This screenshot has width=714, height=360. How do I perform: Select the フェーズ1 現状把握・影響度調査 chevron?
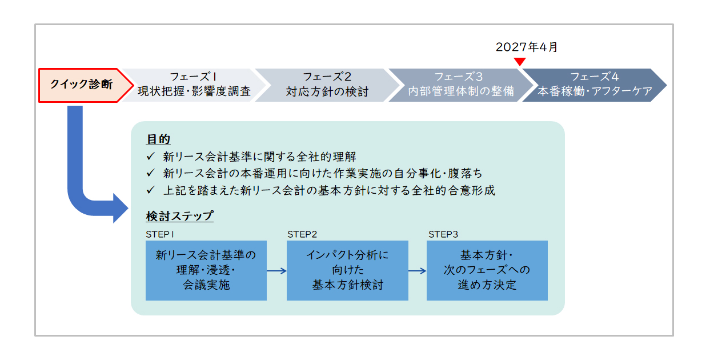tap(194, 85)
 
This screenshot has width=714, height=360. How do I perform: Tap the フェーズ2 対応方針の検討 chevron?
tap(327, 85)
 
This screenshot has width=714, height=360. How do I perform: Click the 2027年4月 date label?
tap(526, 47)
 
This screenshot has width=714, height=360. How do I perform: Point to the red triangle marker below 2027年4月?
tap(520, 62)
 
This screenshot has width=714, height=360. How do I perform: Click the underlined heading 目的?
tap(158, 139)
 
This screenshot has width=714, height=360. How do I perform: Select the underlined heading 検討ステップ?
tap(180, 216)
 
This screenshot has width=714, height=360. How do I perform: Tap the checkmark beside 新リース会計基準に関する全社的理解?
tap(150, 156)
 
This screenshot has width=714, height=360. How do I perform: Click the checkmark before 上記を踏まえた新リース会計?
tap(150, 190)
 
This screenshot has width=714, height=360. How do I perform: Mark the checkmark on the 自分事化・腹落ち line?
tap(150, 173)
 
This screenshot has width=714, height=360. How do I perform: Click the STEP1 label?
tap(160, 235)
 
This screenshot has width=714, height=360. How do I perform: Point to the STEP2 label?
tap(302, 235)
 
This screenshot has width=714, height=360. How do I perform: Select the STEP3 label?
tap(443, 235)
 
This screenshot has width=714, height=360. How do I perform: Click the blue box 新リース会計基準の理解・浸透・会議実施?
tap(206, 270)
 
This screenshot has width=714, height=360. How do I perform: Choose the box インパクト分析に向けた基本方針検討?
tap(347, 270)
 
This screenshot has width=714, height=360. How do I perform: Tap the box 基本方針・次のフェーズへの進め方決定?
tap(487, 270)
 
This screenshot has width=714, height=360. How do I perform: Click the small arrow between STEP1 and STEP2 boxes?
tap(276, 271)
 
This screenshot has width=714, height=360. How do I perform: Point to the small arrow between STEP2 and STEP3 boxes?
tap(418, 271)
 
